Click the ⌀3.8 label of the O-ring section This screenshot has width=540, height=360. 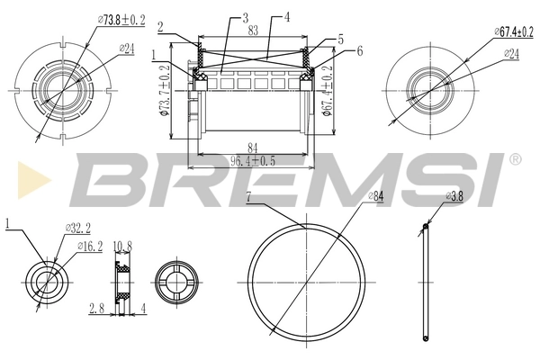455,196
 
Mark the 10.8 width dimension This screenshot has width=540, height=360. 124,244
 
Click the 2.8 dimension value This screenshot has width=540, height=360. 97,309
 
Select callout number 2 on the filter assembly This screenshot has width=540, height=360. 159,26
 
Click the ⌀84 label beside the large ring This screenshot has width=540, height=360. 376,197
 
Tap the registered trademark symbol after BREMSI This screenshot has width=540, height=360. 514,159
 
